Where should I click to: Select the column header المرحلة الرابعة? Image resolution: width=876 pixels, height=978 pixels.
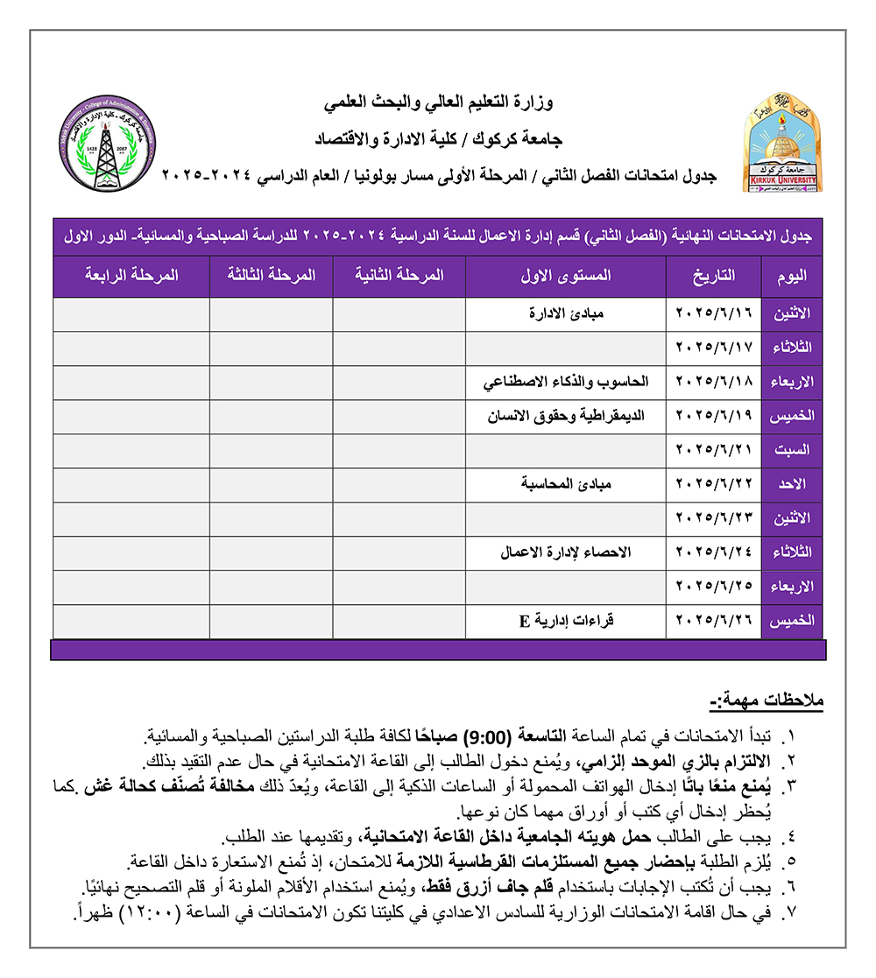(x=131, y=275)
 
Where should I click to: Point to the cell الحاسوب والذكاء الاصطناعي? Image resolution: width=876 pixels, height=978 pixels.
(x=567, y=382)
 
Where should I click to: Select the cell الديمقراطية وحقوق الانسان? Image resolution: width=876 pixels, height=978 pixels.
(x=567, y=416)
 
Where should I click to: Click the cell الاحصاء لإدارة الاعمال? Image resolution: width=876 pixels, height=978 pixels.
(x=566, y=552)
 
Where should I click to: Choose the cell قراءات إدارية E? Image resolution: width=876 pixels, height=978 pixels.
(x=566, y=622)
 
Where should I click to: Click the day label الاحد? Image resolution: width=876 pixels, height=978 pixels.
(x=796, y=484)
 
